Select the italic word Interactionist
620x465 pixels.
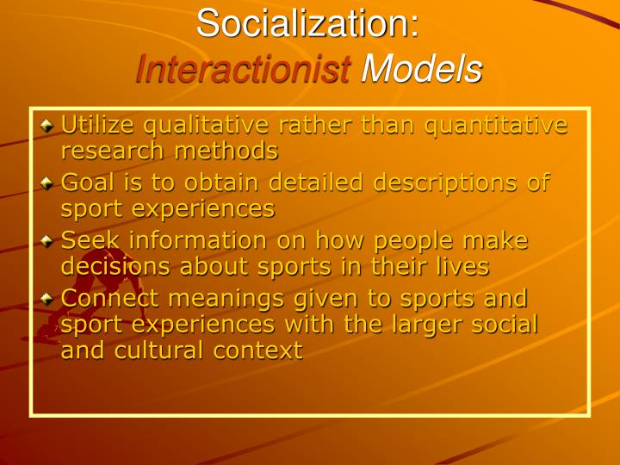pyautogui.click(x=244, y=69)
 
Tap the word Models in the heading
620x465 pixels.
pyautogui.click(x=421, y=69)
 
